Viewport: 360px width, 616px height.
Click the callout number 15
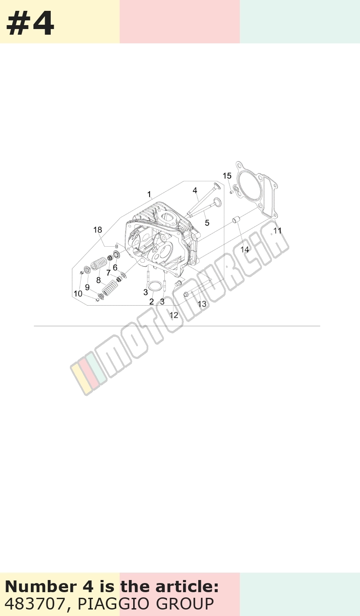pos(227,176)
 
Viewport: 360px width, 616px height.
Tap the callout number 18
pos(98,230)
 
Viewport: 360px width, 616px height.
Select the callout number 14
pos(245,249)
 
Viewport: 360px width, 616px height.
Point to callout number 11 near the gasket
pos(278,231)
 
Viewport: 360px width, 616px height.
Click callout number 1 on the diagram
pos(149,195)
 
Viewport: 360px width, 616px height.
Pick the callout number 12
pos(173,315)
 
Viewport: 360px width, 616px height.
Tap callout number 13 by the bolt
pos(202,304)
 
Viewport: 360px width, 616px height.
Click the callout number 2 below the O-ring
pos(151,302)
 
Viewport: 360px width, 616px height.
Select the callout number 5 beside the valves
pos(207,223)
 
